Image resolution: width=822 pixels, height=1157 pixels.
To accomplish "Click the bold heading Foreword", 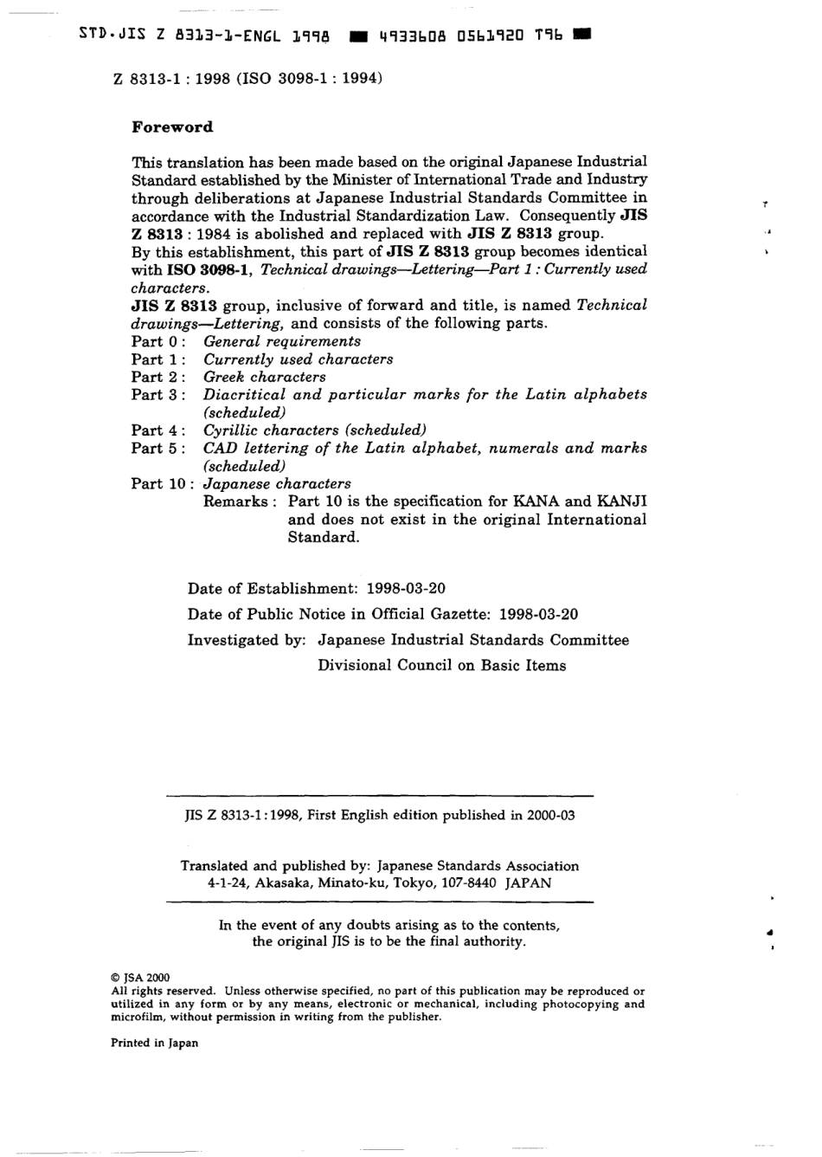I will coord(171,127).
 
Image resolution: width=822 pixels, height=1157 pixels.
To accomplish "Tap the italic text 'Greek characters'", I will coord(265,377).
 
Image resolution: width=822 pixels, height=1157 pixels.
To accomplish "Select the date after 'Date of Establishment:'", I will coord(406,589).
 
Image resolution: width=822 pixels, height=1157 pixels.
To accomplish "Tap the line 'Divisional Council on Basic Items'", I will coord(441,666).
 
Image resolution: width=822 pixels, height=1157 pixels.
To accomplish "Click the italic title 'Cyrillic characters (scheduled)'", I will coord(315,430).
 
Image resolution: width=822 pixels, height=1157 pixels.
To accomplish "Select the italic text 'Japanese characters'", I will coord(277,484).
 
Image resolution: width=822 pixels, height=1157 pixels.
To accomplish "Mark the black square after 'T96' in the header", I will coord(581,35).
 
